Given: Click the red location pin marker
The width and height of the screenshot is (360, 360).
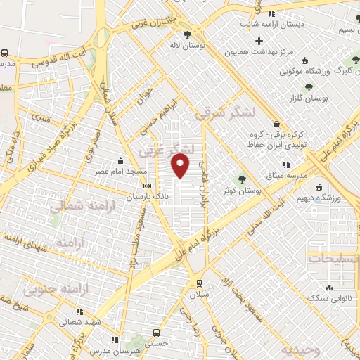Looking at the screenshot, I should (x=181, y=165).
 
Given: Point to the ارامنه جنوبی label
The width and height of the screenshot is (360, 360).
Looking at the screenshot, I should (x=52, y=288).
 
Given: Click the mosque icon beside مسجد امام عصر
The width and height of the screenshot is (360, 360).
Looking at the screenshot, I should (x=121, y=160).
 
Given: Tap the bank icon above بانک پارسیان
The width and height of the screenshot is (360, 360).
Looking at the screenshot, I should (x=146, y=186).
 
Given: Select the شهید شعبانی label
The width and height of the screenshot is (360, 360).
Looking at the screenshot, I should (x=79, y=323).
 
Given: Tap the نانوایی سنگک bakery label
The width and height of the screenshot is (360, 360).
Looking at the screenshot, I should (x=330, y=299).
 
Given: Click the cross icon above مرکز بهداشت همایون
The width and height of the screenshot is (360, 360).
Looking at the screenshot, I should (x=259, y=41).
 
